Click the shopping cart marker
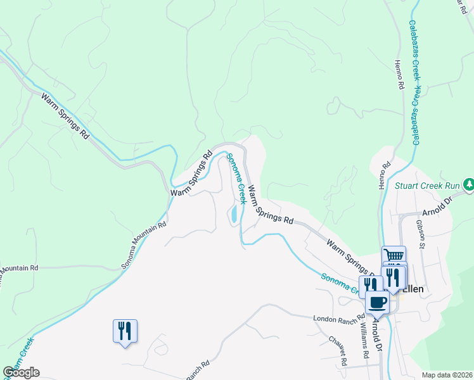(x=394, y=256)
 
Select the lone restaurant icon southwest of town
(x=124, y=331)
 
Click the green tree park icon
(x=468, y=184)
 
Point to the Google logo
(x=21, y=372)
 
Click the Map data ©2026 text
(x=447, y=375)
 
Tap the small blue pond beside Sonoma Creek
(x=234, y=213)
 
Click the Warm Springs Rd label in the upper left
(x=65, y=116)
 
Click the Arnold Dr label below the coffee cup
(x=378, y=336)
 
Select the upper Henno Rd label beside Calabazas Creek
(x=399, y=75)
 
